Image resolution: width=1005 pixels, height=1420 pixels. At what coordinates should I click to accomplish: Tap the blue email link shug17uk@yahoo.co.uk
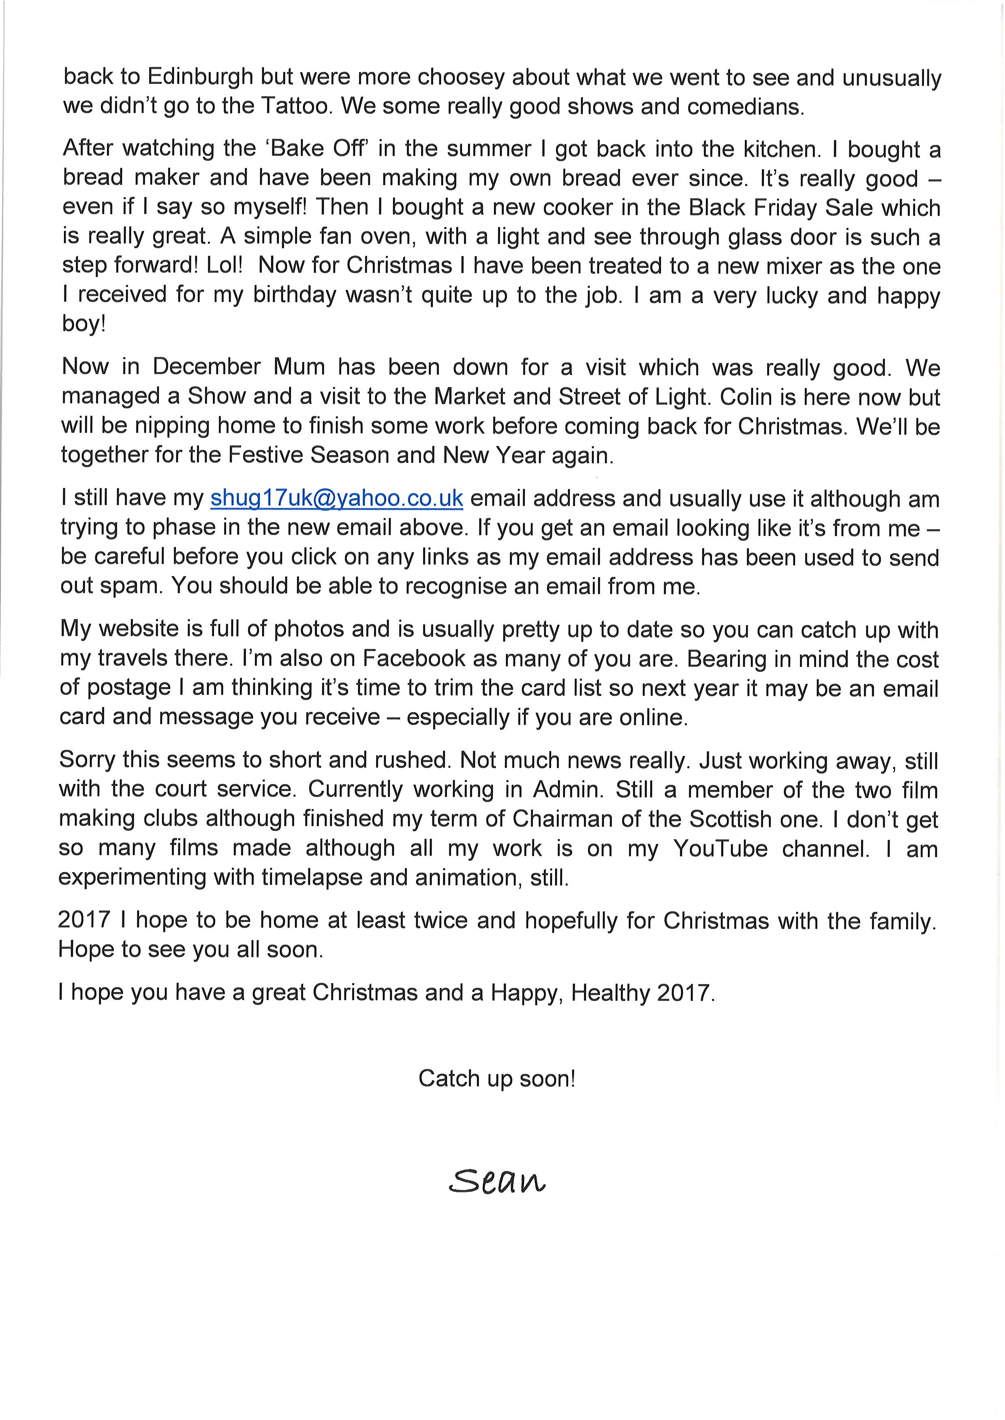337,498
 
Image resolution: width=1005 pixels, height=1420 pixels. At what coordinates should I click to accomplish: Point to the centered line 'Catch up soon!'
497,1079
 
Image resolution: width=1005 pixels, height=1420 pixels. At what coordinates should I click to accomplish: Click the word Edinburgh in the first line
201,77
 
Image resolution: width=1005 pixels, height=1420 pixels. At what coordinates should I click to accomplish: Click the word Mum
299,367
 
